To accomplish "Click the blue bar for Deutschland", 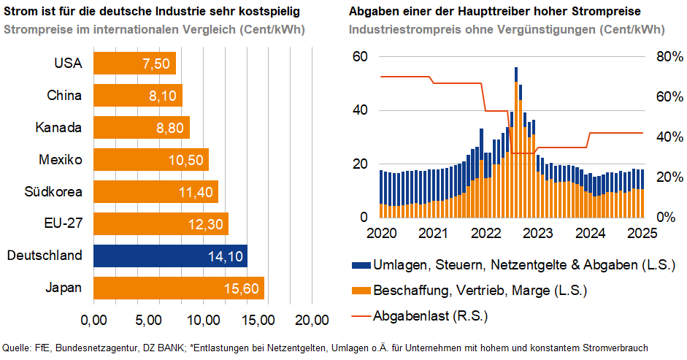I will (x=170, y=256).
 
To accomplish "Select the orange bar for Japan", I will (x=178, y=288).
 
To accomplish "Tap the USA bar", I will (x=134, y=63).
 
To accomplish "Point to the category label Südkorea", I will (x=53, y=192).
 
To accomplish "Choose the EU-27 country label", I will (x=62, y=224).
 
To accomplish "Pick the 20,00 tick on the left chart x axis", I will (x=312, y=320).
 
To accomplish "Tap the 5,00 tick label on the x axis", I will (x=148, y=320).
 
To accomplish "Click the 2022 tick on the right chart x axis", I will (x=485, y=233).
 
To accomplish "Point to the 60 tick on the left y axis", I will (x=359, y=57).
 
